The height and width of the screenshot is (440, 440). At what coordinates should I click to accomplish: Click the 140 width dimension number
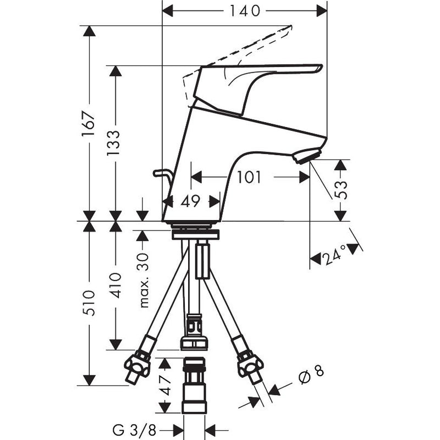(245, 11)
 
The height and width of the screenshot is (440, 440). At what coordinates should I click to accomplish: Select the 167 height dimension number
(88, 124)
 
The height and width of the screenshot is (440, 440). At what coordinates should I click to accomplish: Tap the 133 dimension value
(113, 143)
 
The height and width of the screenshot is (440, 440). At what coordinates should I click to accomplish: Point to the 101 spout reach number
(249, 177)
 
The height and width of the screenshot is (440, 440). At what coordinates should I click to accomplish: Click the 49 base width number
(190, 201)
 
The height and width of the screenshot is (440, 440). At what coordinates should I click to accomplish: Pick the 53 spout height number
(340, 190)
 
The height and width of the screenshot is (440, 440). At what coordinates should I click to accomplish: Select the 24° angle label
(334, 255)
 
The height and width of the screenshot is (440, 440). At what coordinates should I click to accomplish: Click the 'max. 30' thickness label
(144, 280)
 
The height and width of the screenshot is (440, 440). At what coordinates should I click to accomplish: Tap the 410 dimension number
(115, 285)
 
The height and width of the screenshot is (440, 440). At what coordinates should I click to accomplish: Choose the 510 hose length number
(88, 304)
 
